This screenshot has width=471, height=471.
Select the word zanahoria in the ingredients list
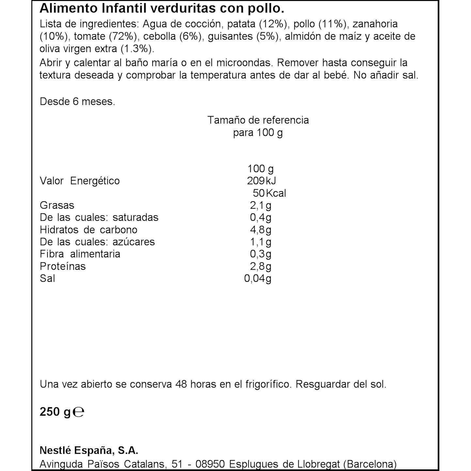click(375, 24)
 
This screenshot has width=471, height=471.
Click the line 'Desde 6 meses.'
click(77, 102)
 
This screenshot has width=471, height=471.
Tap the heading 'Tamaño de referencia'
click(258, 120)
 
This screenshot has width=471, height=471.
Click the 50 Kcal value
click(269, 193)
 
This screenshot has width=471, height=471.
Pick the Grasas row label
click(57, 205)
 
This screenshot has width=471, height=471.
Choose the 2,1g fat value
click(260, 205)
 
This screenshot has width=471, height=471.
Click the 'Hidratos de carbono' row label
click(88, 230)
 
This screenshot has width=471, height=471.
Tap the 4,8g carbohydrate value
click(260, 230)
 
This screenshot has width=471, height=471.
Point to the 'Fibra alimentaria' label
click(80, 254)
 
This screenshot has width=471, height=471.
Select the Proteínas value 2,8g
click(260, 266)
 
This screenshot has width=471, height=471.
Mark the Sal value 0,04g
click(258, 278)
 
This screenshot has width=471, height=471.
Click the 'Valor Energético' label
click(80, 181)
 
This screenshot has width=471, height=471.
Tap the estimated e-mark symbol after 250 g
click(79, 412)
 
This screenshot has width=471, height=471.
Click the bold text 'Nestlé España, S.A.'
click(89, 450)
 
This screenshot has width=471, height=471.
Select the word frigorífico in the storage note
click(267, 384)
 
